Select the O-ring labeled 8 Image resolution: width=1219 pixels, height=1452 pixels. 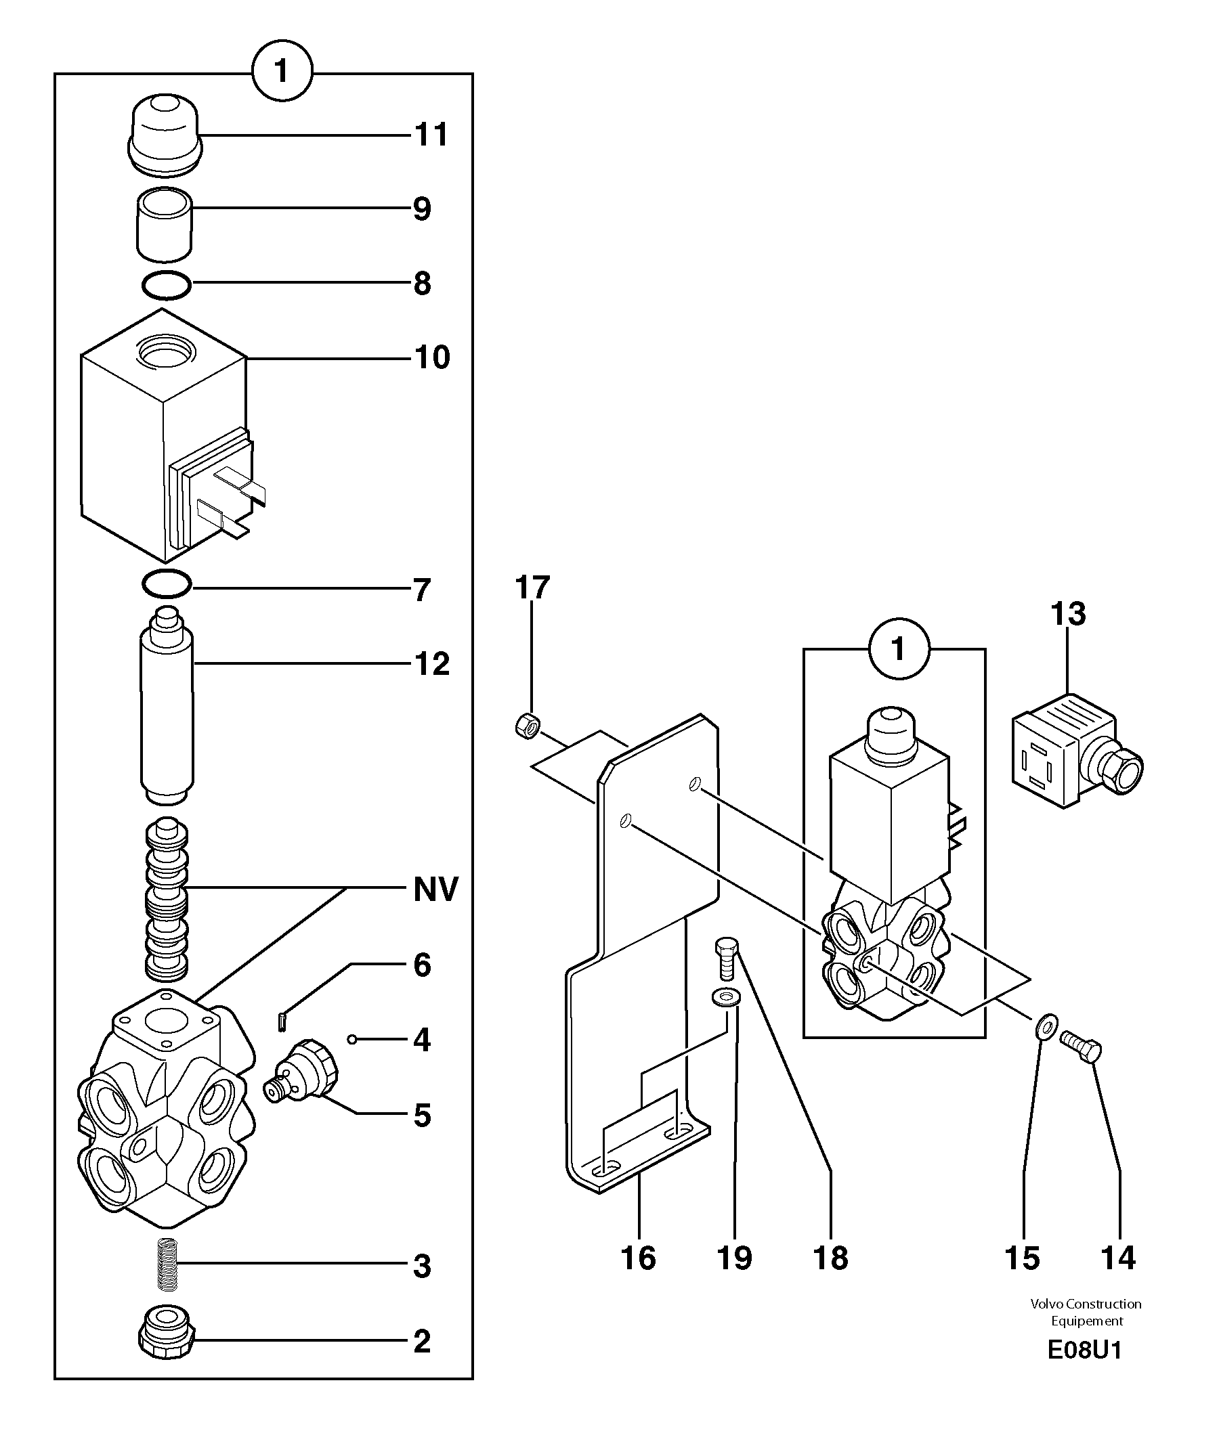click(167, 285)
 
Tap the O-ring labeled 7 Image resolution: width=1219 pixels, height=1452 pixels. click(167, 585)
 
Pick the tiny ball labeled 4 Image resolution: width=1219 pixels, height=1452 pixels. click(352, 1038)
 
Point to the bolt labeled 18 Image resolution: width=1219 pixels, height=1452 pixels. click(726, 958)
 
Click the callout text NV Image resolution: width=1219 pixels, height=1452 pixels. click(435, 889)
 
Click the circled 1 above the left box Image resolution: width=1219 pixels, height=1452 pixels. click(282, 71)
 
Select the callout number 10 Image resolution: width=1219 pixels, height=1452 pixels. click(432, 357)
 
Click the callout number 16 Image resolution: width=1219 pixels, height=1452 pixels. click(638, 1258)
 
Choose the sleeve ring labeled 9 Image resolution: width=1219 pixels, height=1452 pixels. click(165, 225)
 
